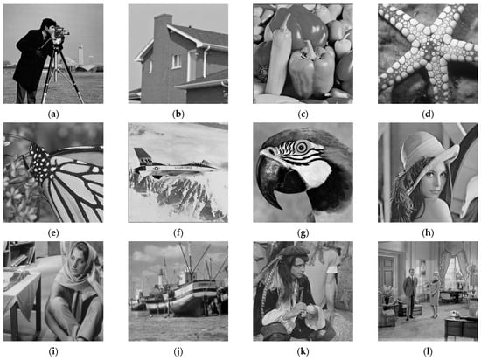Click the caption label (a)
click(53, 114)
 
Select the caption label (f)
click(178, 232)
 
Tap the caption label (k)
click(303, 351)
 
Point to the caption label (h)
click(428, 232)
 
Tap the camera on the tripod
click(61, 33)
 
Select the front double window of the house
click(177, 61)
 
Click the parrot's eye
click(302, 148)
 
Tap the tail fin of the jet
click(140, 156)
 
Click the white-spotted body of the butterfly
click(40, 163)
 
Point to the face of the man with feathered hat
click(295, 265)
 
